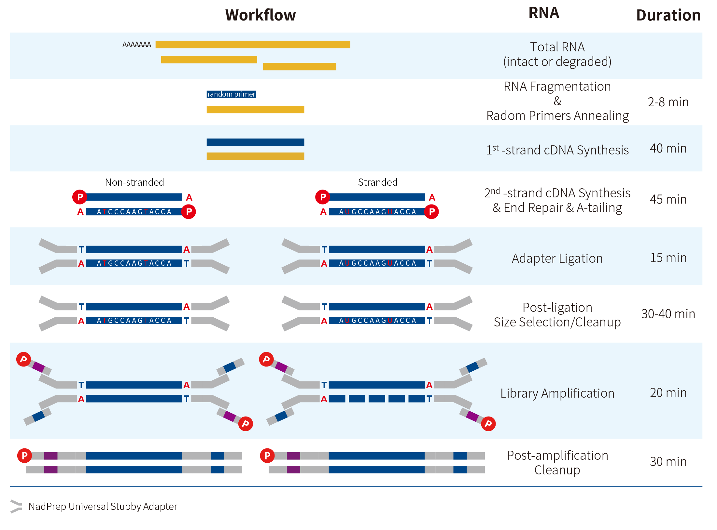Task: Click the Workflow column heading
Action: pyautogui.click(x=260, y=15)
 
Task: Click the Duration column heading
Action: pyautogui.click(x=668, y=15)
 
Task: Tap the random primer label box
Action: pyautogui.click(x=231, y=94)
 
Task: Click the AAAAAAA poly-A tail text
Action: pyautogui.click(x=136, y=45)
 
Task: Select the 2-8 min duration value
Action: pyautogui.click(x=668, y=102)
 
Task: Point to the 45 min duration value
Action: pyautogui.click(x=668, y=199)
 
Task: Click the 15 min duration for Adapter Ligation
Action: pyautogui.click(x=668, y=258)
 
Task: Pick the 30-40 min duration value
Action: pyautogui.click(x=668, y=314)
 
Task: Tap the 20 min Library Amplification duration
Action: pyautogui.click(x=668, y=393)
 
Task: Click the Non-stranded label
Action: pyautogui.click(x=134, y=182)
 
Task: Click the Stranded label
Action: pyautogui.click(x=378, y=182)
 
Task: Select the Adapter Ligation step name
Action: pyautogui.click(x=557, y=258)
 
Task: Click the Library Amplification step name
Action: pyautogui.click(x=557, y=393)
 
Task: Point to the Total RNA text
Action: pyautogui.click(x=557, y=47)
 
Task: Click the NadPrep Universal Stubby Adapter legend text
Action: pyautogui.click(x=103, y=506)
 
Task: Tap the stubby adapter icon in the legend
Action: pyautogui.click(x=16, y=506)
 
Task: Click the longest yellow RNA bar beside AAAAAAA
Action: pyautogui.click(x=253, y=45)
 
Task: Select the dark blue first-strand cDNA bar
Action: pyautogui.click(x=255, y=142)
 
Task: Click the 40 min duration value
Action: pyautogui.click(x=668, y=148)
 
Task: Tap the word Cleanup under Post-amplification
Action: pyautogui.click(x=557, y=470)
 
